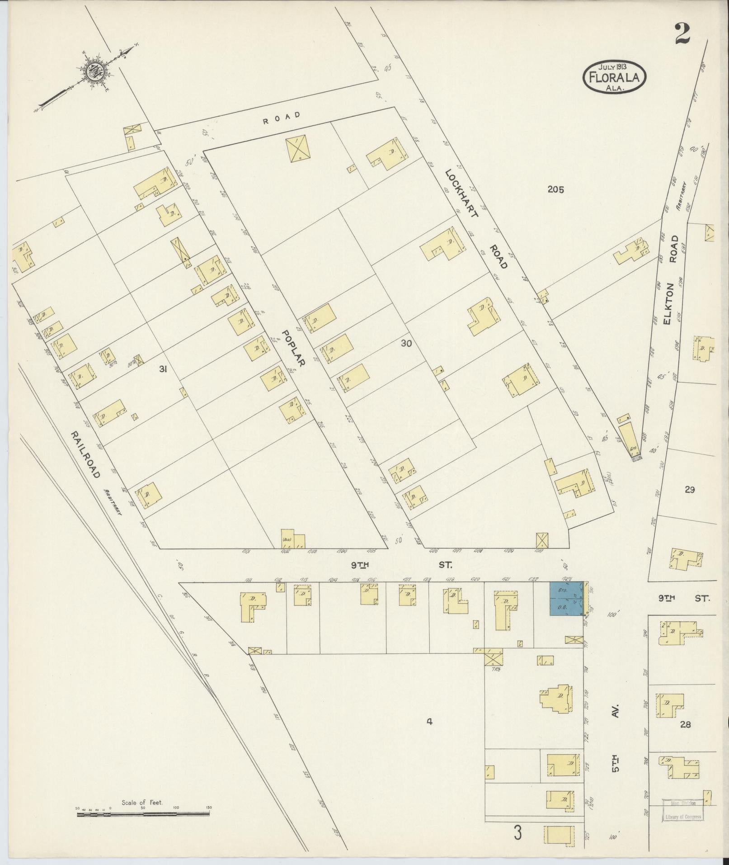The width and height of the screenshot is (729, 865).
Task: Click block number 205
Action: point(555,189)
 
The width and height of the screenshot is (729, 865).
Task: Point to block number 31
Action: point(163,369)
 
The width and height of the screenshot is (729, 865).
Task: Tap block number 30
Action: point(406,343)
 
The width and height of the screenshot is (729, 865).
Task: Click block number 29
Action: point(690,489)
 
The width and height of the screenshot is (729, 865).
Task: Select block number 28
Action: point(686,724)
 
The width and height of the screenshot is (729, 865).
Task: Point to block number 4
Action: point(429,722)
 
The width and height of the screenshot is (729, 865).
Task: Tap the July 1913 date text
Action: point(614,66)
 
